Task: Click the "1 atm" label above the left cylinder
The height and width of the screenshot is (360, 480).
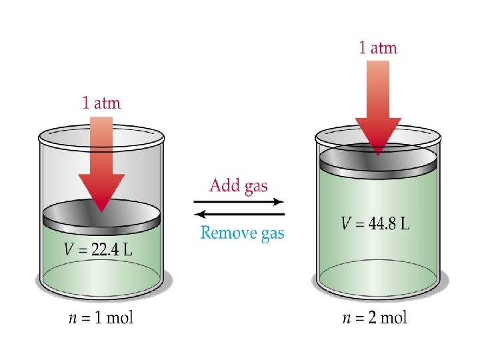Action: (101, 103)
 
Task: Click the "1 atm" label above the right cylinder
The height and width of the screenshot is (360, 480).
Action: (378, 47)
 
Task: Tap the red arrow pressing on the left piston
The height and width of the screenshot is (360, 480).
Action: (101, 167)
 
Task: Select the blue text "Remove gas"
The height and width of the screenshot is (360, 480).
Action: (242, 233)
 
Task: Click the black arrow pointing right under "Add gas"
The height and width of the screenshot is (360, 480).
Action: (239, 201)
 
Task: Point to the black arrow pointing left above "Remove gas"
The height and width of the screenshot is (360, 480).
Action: (239, 214)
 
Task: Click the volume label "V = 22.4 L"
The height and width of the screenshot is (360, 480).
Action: (98, 250)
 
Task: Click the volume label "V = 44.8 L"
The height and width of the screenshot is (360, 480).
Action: (375, 223)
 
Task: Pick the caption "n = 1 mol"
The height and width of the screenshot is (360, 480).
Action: (101, 317)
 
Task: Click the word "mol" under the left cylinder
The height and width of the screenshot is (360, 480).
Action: (119, 317)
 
